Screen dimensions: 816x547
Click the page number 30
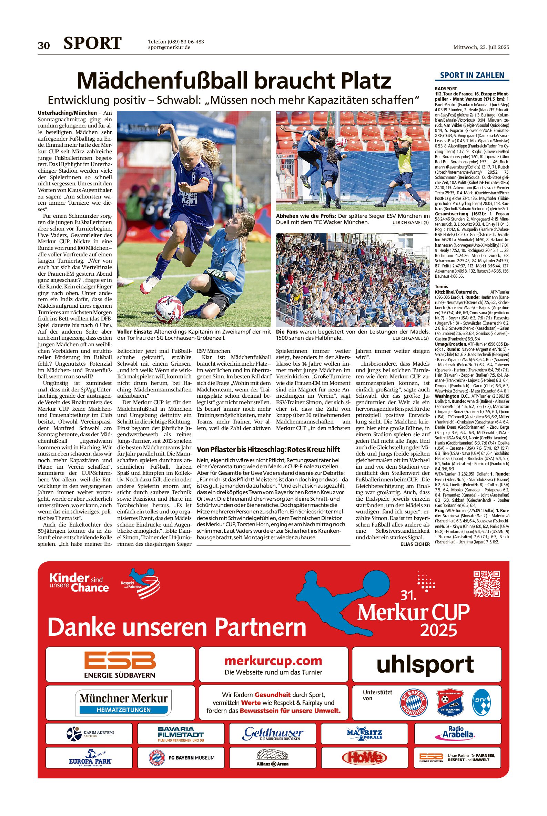tap(44, 46)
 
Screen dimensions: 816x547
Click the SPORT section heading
tap(92, 43)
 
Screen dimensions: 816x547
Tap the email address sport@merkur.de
tap(169, 48)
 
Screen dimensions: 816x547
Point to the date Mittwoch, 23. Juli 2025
tap(481, 47)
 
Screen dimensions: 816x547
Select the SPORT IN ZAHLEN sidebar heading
tap(472, 75)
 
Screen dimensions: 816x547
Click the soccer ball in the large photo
tap(169, 309)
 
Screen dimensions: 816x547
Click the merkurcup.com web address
tap(273, 661)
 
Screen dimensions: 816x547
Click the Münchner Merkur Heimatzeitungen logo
tap(123, 703)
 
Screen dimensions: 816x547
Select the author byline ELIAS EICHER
tap(415, 544)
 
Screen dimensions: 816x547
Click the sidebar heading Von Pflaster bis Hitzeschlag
tap(268, 449)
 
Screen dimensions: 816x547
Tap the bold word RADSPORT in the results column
tap(446, 89)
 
